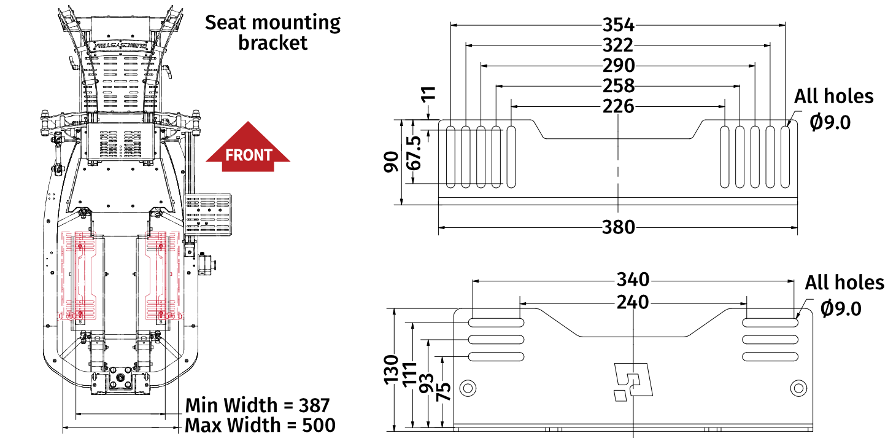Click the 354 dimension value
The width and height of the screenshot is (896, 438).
(x=618, y=25)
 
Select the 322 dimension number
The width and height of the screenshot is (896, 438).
(x=618, y=45)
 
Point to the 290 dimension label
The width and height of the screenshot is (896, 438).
(x=618, y=66)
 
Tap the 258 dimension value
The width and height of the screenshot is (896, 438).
(x=618, y=86)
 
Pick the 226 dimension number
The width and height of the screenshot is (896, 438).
(x=618, y=106)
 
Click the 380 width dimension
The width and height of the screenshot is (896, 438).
(x=618, y=227)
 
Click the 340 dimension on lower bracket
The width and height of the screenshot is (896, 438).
(x=633, y=280)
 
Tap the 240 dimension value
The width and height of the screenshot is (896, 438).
(x=633, y=303)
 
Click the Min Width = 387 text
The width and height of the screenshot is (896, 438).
(x=258, y=405)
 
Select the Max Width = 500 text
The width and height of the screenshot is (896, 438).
(x=260, y=425)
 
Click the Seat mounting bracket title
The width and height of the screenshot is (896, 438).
(x=272, y=33)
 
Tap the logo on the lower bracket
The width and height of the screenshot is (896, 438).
(x=633, y=381)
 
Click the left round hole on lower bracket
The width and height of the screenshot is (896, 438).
(x=468, y=388)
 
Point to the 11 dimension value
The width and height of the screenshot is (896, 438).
(x=430, y=93)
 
